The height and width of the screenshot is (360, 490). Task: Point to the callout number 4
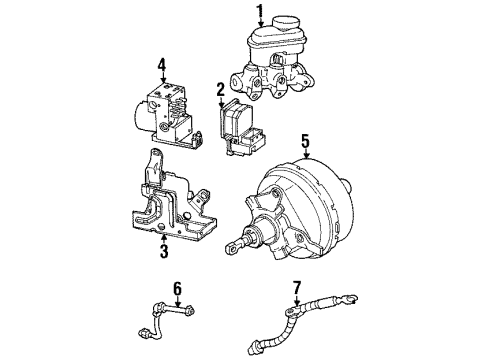tap(161, 68)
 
